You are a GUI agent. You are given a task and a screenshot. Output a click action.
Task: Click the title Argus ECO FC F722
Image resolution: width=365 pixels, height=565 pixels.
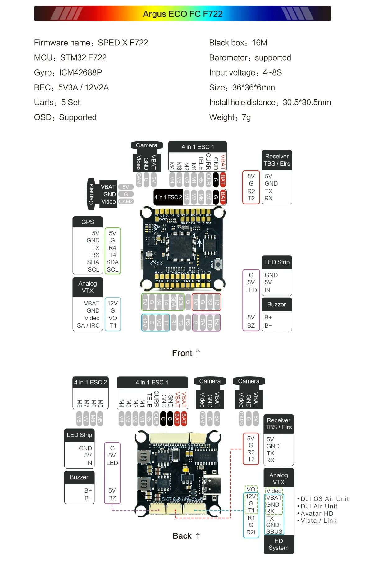(183, 14)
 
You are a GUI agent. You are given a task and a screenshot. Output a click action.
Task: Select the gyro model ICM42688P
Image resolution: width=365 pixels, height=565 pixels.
(80, 73)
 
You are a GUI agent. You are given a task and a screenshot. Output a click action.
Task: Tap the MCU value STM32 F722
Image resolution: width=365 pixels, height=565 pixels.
(83, 58)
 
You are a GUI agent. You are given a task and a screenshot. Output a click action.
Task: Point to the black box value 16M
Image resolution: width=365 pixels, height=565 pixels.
(260, 43)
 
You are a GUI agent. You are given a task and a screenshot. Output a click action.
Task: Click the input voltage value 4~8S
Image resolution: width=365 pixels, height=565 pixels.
(272, 73)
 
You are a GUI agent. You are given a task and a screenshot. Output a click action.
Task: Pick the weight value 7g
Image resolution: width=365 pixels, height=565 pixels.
(246, 117)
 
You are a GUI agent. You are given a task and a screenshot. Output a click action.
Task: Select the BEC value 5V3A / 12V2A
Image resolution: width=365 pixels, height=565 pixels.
(84, 88)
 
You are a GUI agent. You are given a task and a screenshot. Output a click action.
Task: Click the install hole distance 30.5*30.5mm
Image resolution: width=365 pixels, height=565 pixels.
(307, 103)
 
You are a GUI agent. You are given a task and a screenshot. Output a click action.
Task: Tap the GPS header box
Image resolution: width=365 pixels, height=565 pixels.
(88, 222)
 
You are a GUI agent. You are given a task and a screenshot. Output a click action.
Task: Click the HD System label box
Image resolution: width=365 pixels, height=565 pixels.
(279, 544)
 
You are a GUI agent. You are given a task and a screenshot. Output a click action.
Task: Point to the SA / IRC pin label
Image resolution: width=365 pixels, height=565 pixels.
(89, 326)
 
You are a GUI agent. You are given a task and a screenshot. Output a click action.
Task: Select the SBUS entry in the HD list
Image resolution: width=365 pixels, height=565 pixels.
(274, 531)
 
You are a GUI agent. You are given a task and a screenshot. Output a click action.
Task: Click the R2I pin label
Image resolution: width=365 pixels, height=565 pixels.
(251, 532)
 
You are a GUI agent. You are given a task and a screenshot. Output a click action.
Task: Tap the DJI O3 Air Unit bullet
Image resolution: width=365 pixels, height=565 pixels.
(324, 499)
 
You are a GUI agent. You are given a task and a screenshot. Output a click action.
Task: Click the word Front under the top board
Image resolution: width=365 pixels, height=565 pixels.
(182, 353)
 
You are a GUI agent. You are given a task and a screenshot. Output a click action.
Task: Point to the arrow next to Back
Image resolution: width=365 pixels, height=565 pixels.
(198, 536)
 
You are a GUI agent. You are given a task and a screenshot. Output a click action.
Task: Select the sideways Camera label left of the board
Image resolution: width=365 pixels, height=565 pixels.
(91, 194)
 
